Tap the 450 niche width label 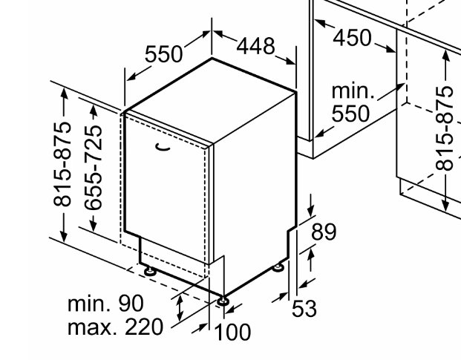pyautogui.click(x=352, y=37)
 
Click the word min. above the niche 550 pyautogui.click(x=353, y=92)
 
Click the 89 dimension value pyautogui.click(x=324, y=232)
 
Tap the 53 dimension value pyautogui.click(x=304, y=307)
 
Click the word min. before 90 pyautogui.click(x=91, y=304)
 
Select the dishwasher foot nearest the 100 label pyautogui.click(x=222, y=301)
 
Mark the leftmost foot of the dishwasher pyautogui.click(x=151, y=272)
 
